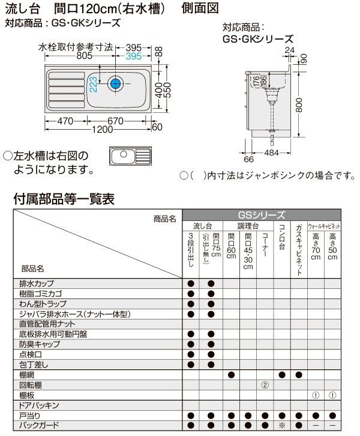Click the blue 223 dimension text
[x=93, y=84]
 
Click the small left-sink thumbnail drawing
[x=131, y=156]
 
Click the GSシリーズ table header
[x=262, y=214]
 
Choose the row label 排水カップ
[x=37, y=283]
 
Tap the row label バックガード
[x=40, y=425]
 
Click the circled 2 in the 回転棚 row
[x=265, y=384]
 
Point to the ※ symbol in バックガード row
[x=281, y=425]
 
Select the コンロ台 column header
[x=281, y=240]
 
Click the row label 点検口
[x=31, y=354]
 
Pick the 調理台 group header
[x=247, y=226]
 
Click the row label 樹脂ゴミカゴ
[x=41, y=294]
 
